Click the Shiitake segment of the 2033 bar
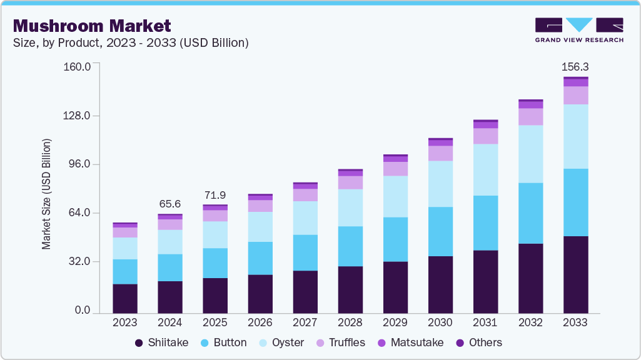point(575,274)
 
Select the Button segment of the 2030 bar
point(440,231)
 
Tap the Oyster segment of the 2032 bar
point(530,154)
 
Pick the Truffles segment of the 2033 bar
point(575,95)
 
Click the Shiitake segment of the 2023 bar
point(125,298)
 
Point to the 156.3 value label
point(575,66)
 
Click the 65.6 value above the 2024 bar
point(170,204)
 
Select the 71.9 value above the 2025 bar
point(215,194)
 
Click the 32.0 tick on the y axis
point(79,262)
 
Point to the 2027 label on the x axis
point(305,323)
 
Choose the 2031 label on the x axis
point(485,323)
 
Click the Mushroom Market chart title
point(92,26)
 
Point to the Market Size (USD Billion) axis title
point(47,194)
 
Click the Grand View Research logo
point(578,29)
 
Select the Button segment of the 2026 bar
point(260,258)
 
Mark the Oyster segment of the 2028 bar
point(350,207)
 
